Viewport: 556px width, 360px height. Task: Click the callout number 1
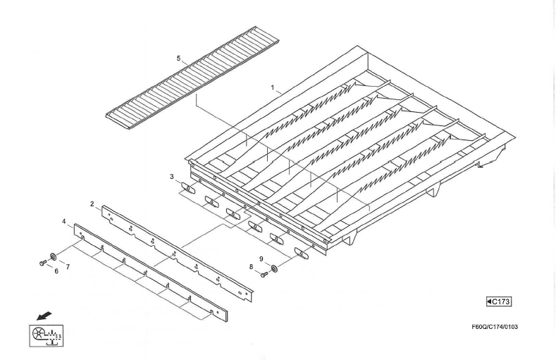click(x=273, y=87)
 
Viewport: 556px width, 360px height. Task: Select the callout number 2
click(x=92, y=204)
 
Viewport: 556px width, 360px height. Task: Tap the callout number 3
click(x=172, y=176)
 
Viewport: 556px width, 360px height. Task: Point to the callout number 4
click(x=64, y=221)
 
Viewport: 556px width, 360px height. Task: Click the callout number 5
click(x=179, y=58)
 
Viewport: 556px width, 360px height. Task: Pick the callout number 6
click(x=56, y=271)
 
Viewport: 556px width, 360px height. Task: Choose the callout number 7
click(x=68, y=267)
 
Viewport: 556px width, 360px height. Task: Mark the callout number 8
click(x=251, y=267)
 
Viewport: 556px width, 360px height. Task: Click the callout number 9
click(x=261, y=259)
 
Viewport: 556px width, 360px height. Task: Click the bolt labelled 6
click(x=42, y=263)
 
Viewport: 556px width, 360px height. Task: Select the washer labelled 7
click(x=53, y=256)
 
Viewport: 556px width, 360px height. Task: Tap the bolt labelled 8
click(x=264, y=274)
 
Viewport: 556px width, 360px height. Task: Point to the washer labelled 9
click(x=274, y=268)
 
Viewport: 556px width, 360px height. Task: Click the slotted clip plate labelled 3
click(x=188, y=188)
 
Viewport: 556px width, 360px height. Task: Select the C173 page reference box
click(x=498, y=302)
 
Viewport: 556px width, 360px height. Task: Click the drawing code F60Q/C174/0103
click(x=495, y=327)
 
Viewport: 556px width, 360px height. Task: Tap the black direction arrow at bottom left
click(x=44, y=316)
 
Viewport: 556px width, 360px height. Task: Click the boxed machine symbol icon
click(x=46, y=335)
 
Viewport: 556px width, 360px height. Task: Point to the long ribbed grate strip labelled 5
click(x=192, y=77)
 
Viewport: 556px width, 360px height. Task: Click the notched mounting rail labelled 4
click(x=151, y=273)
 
